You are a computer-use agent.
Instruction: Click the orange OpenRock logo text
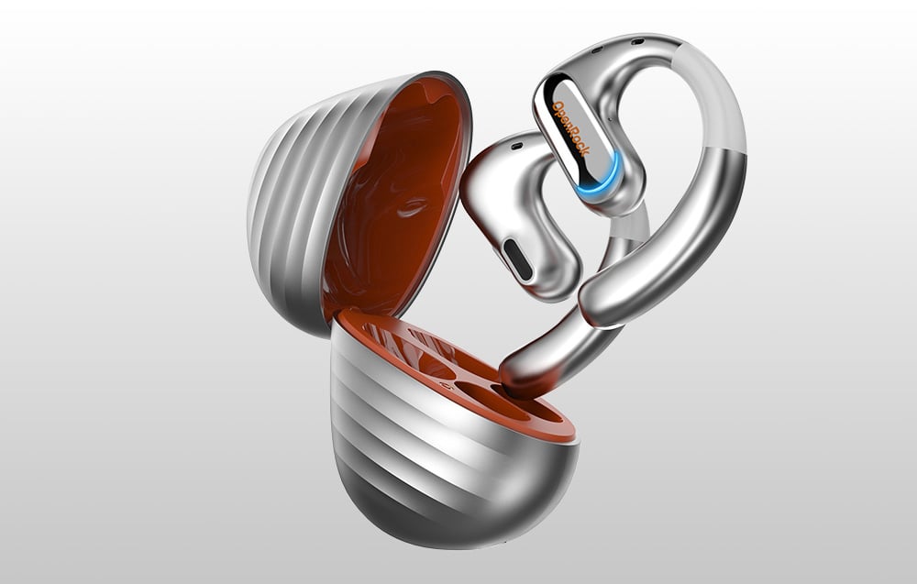click(x=571, y=128)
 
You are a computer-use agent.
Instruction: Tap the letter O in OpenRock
click(x=558, y=105)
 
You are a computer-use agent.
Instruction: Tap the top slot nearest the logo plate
click(x=597, y=49)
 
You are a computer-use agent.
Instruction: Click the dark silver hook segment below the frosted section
click(x=706, y=220)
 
